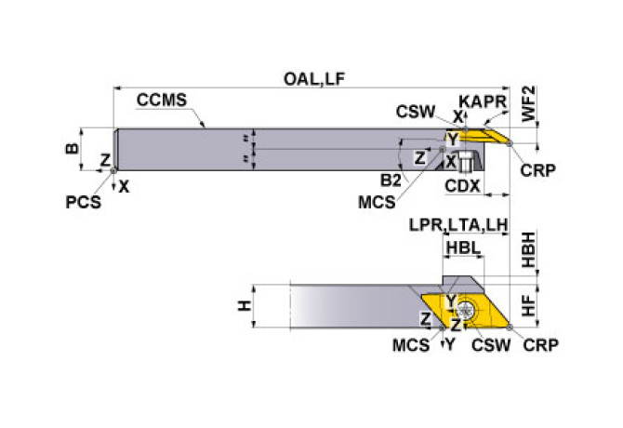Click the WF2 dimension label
click(x=527, y=105)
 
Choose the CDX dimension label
click(x=461, y=186)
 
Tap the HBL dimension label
click(x=462, y=248)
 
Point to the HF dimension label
click(x=526, y=302)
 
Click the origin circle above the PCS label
click(x=113, y=169)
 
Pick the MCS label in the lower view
click(x=411, y=345)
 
